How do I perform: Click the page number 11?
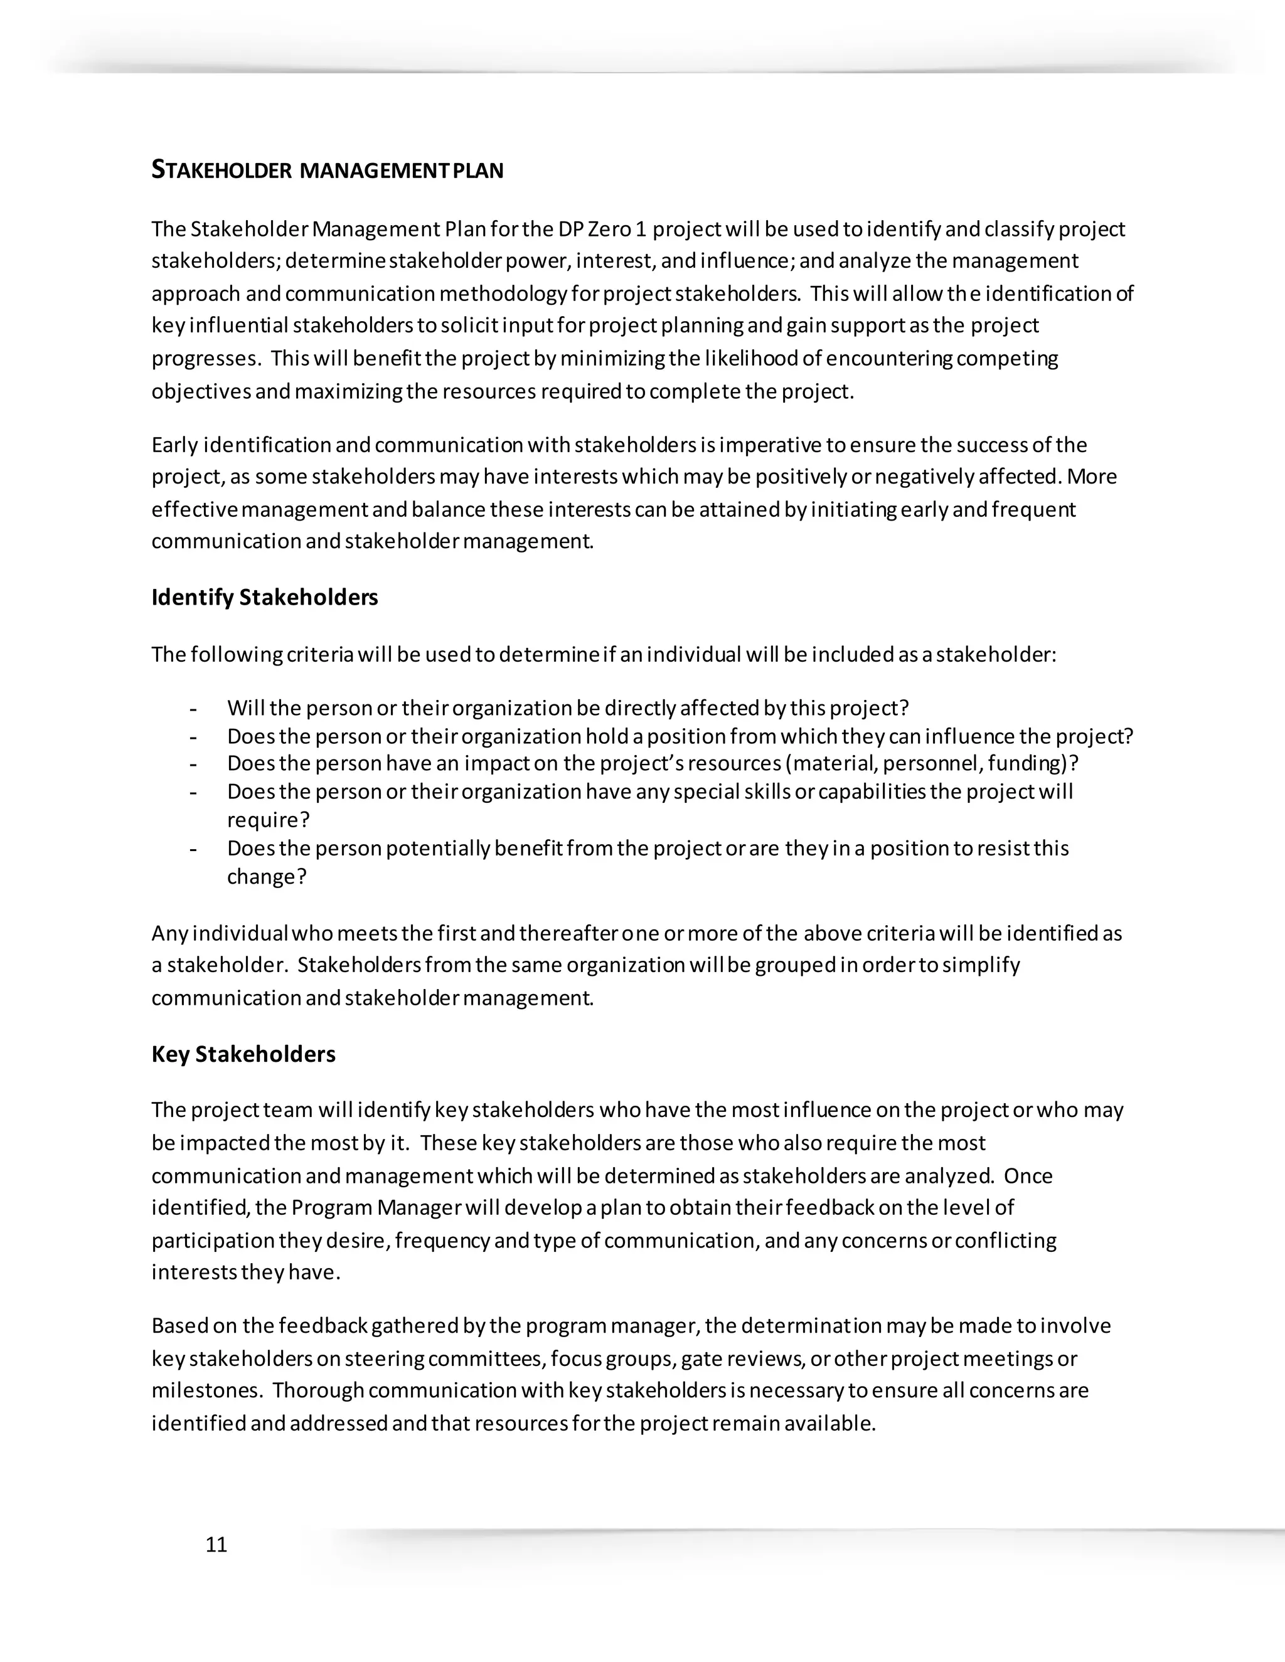coord(216,1545)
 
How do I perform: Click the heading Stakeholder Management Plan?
coord(328,170)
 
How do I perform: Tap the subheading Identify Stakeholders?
coord(264,597)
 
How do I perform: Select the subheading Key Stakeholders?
coord(243,1054)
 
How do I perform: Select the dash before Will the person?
coord(193,709)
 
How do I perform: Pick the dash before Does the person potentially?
coord(193,849)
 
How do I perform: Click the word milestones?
coord(206,1390)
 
